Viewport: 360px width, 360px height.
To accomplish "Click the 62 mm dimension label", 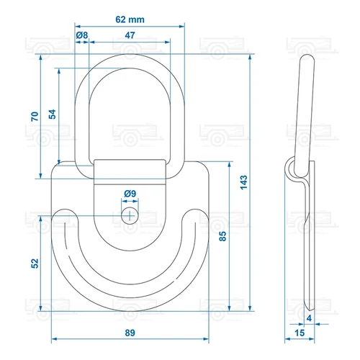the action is (130, 19).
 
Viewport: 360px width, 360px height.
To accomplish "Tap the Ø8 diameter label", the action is (82, 35).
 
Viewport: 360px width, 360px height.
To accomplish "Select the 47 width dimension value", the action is (130, 35).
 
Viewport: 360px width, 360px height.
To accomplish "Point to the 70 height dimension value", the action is (35, 117).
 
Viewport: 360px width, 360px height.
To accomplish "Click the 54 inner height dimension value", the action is (52, 114).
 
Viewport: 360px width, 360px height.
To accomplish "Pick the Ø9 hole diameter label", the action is (130, 194).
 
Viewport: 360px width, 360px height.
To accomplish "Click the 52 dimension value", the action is (35, 264).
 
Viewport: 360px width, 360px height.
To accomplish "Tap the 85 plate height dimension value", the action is (222, 236).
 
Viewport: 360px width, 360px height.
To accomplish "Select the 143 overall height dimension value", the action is (244, 182).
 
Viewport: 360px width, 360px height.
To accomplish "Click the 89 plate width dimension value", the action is (130, 333).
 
